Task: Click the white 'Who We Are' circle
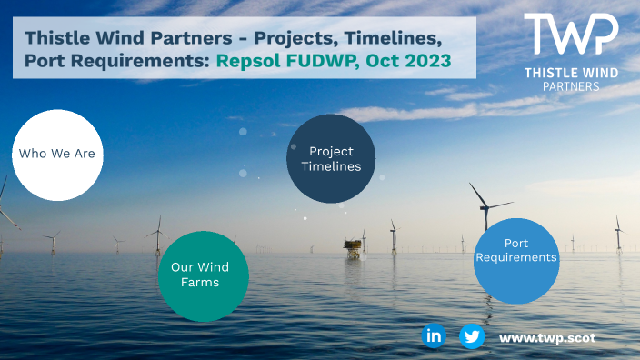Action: coord(56,155)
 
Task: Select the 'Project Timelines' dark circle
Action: coord(331,159)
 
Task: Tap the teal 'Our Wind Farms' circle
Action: coord(200,275)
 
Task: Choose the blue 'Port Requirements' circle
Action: coord(516,258)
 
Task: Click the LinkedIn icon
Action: coord(434,336)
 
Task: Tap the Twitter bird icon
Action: coord(471,336)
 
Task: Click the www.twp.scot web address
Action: coord(547,337)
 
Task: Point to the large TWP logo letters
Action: coord(571,36)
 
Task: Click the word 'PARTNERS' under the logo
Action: coord(572,86)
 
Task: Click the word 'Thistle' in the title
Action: coord(55,38)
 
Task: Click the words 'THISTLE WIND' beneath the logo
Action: coord(572,72)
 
